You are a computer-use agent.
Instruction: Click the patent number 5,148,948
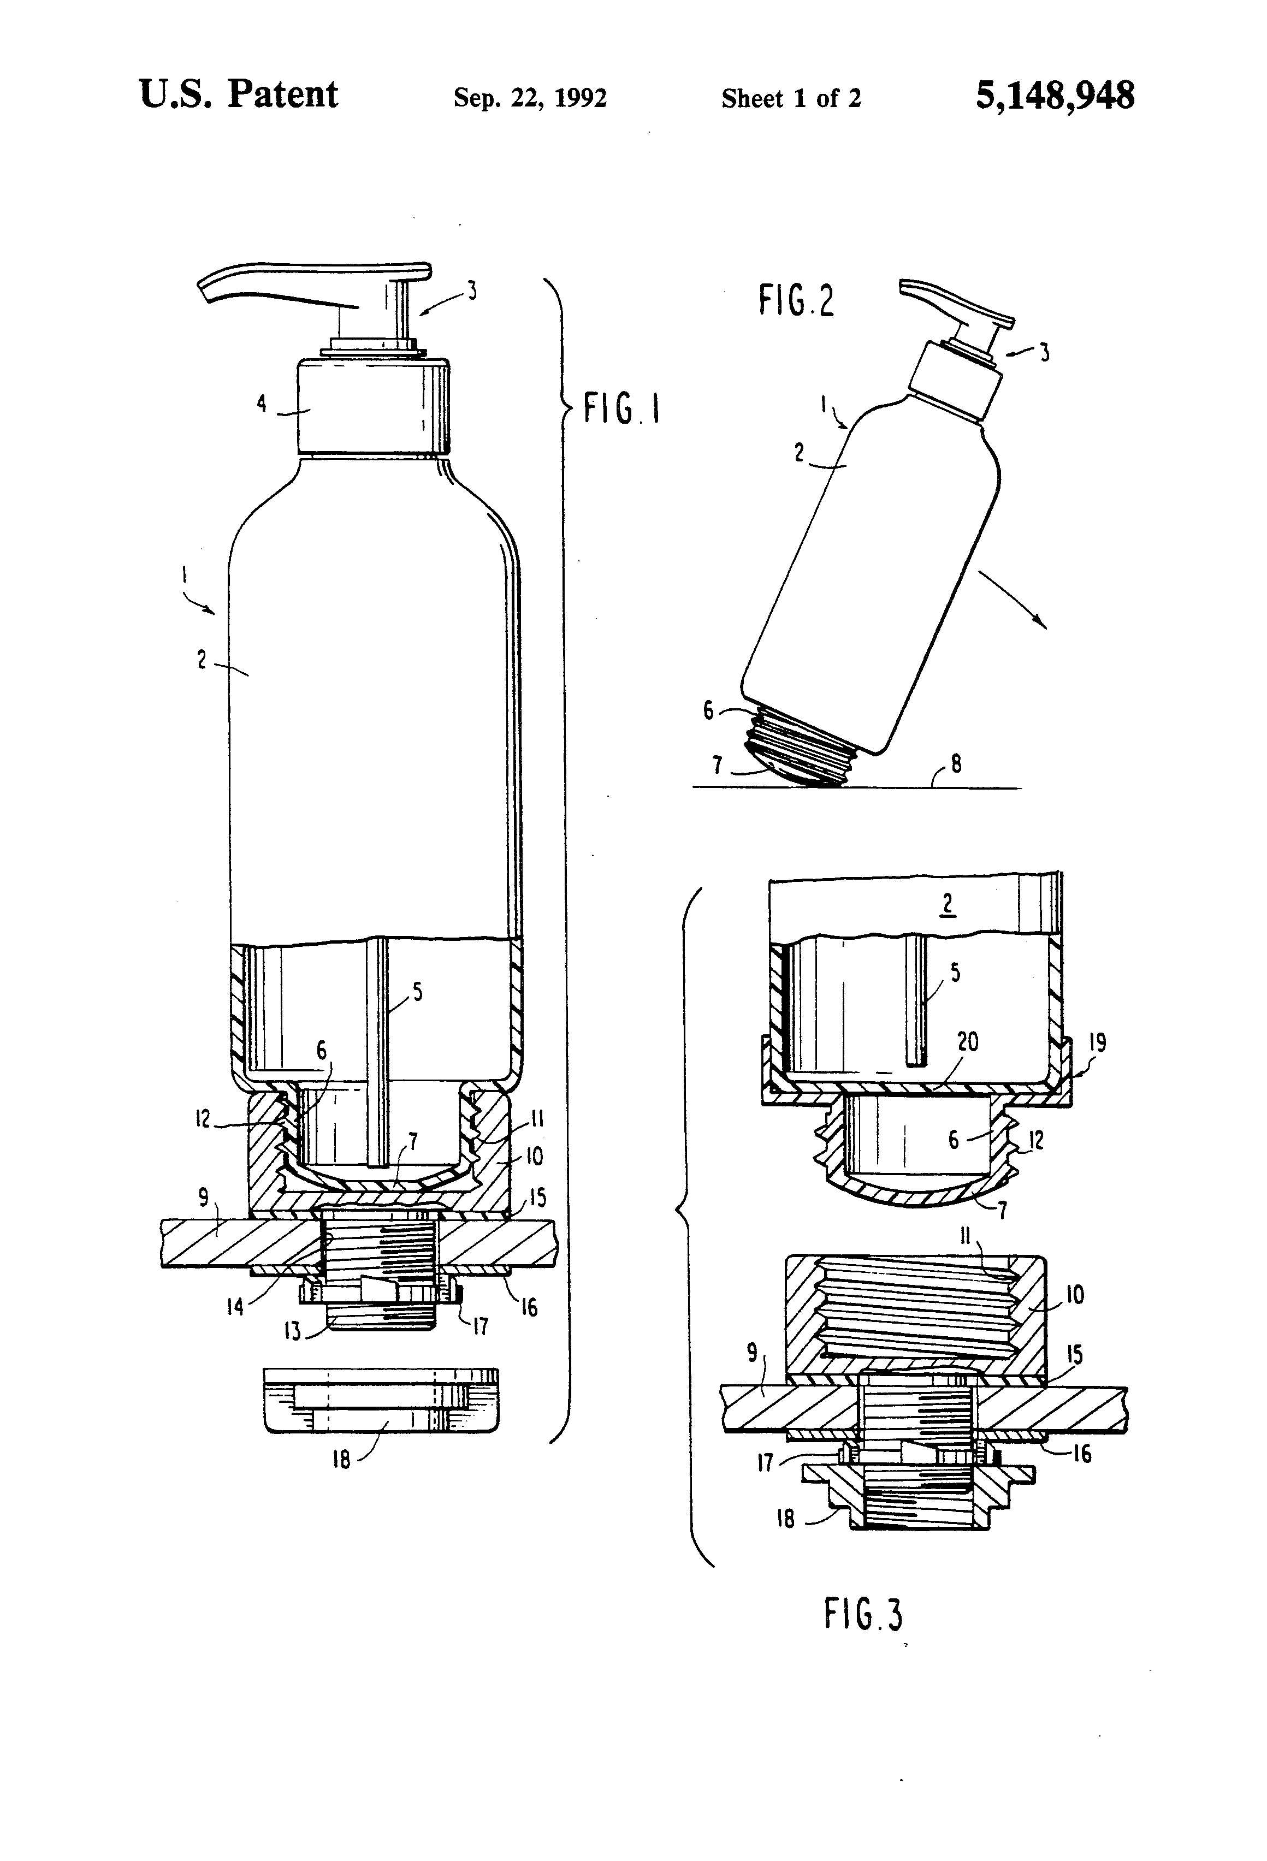[x=1054, y=96]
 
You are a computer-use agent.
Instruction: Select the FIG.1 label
[x=621, y=409]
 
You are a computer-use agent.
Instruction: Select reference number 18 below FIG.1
[x=341, y=1460]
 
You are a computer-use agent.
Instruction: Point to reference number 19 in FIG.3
[x=1097, y=1042]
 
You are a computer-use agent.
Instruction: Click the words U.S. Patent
[x=239, y=94]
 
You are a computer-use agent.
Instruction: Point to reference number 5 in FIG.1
[x=417, y=993]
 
